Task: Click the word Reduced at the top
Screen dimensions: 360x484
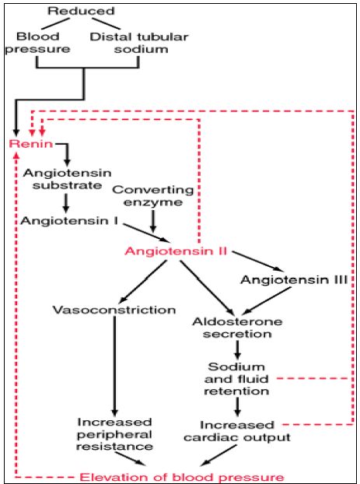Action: [81, 11]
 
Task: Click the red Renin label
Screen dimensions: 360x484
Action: [31, 144]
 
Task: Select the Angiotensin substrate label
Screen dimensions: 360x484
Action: [67, 179]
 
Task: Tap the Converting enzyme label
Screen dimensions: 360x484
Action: [153, 196]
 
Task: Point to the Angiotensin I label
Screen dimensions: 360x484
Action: [69, 221]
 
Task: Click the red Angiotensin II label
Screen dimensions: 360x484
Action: [177, 251]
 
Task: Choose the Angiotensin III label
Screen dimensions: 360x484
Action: [294, 279]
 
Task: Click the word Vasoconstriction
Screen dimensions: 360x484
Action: [114, 310]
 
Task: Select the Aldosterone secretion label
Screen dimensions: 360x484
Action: [237, 328]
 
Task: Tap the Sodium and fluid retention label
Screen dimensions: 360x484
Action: [236, 379]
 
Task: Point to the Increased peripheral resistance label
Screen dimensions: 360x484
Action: [114, 434]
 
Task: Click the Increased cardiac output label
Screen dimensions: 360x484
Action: [237, 431]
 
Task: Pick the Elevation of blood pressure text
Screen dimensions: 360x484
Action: [182, 477]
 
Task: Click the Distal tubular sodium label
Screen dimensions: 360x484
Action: [139, 43]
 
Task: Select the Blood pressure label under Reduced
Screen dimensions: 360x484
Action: [37, 43]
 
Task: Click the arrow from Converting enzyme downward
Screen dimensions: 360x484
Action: [153, 221]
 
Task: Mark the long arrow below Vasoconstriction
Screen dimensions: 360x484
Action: [115, 366]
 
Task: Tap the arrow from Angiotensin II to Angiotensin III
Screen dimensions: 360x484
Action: [258, 261]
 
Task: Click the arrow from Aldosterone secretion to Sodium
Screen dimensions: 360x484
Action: [237, 349]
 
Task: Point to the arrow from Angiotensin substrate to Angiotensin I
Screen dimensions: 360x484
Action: [66, 203]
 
